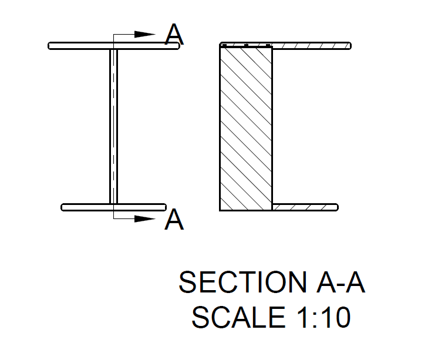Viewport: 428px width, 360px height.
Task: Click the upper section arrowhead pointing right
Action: tap(145, 35)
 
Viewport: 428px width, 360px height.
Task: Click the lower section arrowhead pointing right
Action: tap(145, 219)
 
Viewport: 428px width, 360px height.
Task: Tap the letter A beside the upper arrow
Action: tap(174, 34)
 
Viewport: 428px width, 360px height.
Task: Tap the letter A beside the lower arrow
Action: tap(174, 219)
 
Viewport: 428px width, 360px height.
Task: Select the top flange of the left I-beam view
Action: tap(114, 46)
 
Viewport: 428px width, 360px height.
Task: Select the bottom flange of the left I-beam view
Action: tap(113, 207)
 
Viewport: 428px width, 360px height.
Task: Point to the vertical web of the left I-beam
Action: tap(113, 126)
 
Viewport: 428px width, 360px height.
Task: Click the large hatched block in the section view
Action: tap(246, 129)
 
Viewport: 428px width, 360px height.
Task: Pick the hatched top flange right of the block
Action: tap(312, 46)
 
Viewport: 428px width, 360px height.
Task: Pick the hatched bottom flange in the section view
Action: tap(305, 207)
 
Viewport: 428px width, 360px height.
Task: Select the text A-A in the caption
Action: tap(341, 282)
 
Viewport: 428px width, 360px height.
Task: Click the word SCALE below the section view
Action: tap(238, 317)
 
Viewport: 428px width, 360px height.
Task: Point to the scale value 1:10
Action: tap(323, 317)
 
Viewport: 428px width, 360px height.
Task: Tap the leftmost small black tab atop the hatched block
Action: tap(225, 45)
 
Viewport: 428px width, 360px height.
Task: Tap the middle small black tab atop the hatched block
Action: tap(246, 45)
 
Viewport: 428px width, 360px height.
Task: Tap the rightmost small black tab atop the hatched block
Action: tap(268, 45)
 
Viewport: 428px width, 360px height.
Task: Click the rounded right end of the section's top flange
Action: tap(350, 46)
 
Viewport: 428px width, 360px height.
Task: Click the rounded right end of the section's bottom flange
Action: tap(337, 207)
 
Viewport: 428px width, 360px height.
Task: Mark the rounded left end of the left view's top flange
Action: tap(49, 46)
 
